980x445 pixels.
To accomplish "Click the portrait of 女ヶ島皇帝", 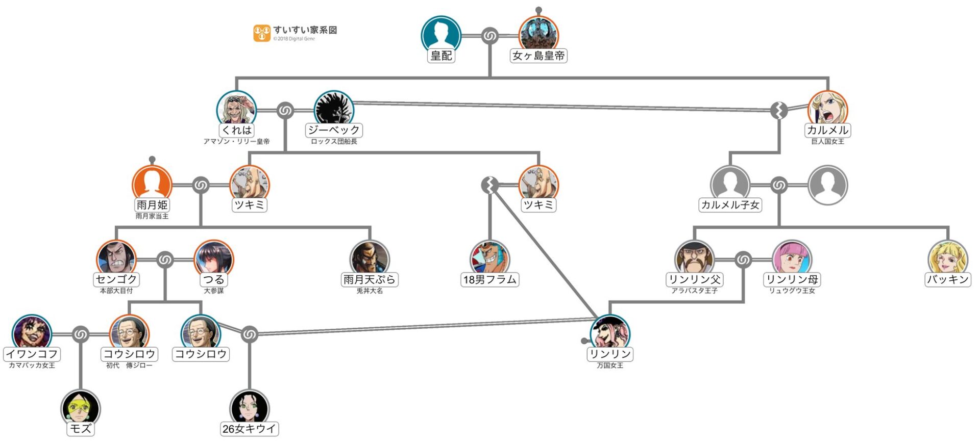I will point(538,35).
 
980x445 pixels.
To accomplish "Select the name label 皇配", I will point(441,56).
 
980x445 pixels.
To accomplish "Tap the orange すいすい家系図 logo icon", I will point(261,33).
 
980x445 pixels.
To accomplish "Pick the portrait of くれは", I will point(236,110).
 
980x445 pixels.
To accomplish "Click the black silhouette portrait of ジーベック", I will point(334,110).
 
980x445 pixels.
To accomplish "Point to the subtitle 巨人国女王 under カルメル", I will point(827,142).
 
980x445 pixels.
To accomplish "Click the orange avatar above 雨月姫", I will point(152,184).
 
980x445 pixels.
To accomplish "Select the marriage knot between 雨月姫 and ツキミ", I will point(201,185).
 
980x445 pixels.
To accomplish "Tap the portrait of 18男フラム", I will point(489,258).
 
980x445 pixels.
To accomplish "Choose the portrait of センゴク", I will point(116,258).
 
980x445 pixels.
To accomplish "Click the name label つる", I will point(213,279).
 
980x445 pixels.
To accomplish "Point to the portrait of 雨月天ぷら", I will point(370,258).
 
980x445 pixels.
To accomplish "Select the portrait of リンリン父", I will point(694,258).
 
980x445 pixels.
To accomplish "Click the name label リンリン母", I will point(792,279).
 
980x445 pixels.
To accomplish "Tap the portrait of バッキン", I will point(947,258).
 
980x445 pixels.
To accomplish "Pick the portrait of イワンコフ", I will point(32,333).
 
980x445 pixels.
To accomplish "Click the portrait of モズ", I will point(81,408).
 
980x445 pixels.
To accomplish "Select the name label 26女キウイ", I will point(249,429).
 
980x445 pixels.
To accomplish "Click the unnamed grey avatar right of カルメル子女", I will point(827,185).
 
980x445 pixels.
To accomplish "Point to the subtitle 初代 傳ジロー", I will point(129,365).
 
